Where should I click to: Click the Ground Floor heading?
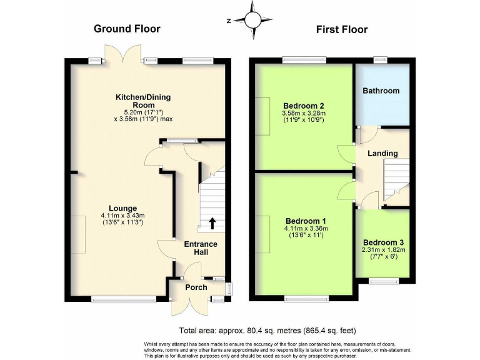(127, 29)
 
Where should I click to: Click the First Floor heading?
(341, 29)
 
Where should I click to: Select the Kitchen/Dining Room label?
(142, 101)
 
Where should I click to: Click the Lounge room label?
(122, 208)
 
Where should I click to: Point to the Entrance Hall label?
(201, 247)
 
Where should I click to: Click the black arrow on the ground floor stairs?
(212, 223)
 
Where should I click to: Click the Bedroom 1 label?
(306, 221)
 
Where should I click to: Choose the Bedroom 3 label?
(384, 242)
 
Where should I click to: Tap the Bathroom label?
(381, 91)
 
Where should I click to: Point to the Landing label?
(382, 153)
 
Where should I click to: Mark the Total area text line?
(267, 331)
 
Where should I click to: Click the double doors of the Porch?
(189, 304)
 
